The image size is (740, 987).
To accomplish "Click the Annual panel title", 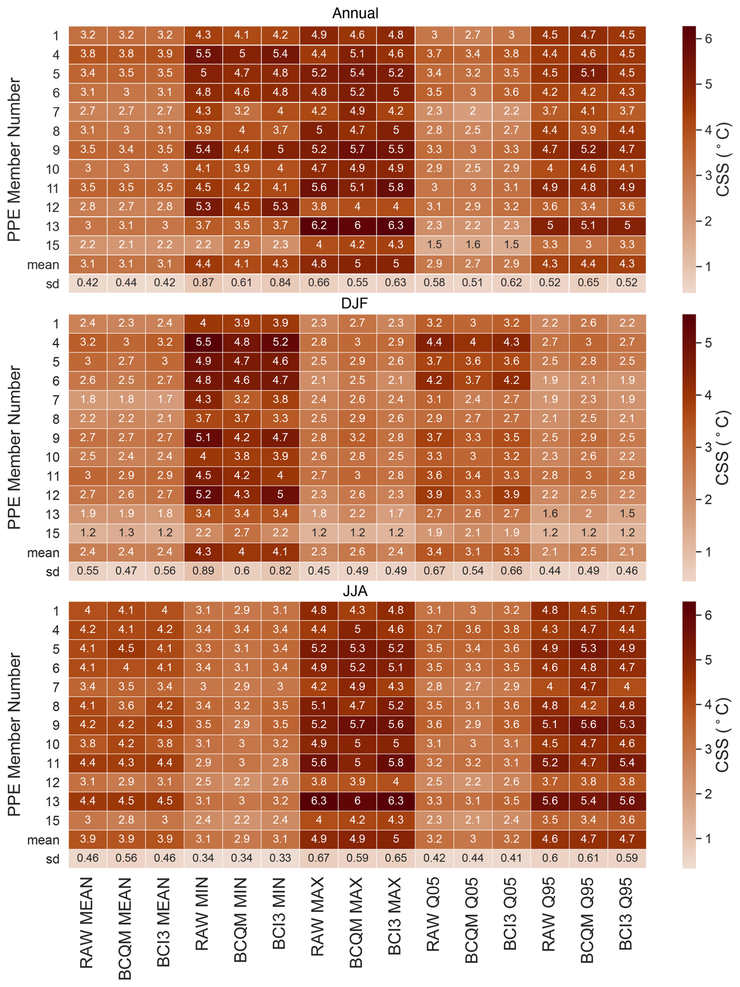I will pyautogui.click(x=355, y=13).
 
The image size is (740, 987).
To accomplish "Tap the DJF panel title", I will pyautogui.click(x=355, y=303).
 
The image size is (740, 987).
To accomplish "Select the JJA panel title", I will pyautogui.click(x=355, y=591).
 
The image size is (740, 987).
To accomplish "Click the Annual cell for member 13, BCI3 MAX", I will pyautogui.click(x=395, y=225).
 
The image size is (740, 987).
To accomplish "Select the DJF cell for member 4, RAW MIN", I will pyautogui.click(x=203, y=342).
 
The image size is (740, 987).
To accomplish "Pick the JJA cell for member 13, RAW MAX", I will pyautogui.click(x=319, y=800).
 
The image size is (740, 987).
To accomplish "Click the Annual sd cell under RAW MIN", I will pyautogui.click(x=203, y=282).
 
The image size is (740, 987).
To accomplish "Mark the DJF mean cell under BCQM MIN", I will pyautogui.click(x=241, y=551).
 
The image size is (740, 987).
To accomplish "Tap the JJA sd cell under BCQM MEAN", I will pyautogui.click(x=126, y=858).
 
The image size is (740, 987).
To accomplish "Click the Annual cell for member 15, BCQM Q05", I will pyautogui.click(x=472, y=244).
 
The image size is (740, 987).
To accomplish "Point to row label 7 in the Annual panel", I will pyautogui.click(x=56, y=111).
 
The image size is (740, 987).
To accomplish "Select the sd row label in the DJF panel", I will pyautogui.click(x=53, y=571).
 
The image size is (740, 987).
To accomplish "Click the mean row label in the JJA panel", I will pyautogui.click(x=43, y=840).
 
